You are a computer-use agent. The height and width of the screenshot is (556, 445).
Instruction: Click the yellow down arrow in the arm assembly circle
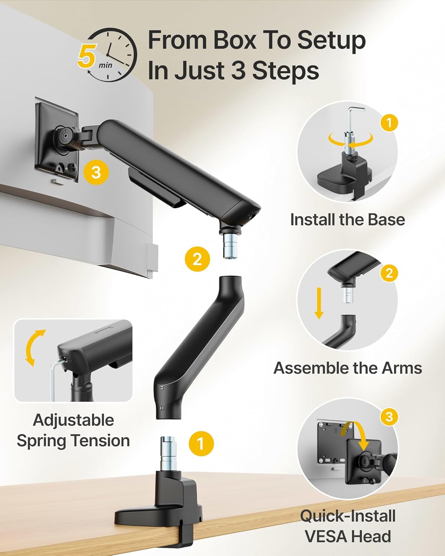(319, 303)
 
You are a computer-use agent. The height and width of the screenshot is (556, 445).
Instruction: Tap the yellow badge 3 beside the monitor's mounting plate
(96, 172)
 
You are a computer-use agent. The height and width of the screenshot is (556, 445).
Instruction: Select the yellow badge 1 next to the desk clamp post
(201, 444)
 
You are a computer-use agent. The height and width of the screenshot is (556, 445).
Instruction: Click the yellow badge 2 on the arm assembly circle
(389, 273)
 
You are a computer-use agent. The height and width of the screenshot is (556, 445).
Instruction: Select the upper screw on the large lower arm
(162, 388)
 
